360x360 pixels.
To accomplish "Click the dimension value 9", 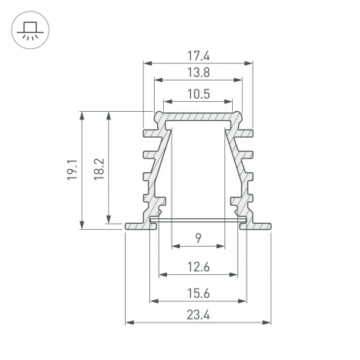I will click(198, 239).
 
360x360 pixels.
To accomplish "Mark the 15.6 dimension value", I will click(198, 293).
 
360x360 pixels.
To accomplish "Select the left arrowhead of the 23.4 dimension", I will click(128, 322).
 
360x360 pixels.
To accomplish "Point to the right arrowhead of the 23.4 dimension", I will click(270, 322).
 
